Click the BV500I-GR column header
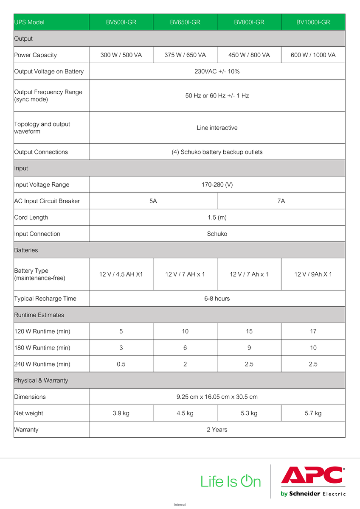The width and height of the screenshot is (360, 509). click(x=121, y=22)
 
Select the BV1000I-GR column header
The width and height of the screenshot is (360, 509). click(x=313, y=22)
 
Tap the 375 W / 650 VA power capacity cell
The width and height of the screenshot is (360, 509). click(x=185, y=55)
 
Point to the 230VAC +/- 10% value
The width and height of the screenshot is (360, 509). click(x=217, y=71)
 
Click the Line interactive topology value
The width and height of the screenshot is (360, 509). click(x=217, y=128)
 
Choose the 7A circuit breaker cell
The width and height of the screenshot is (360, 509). click(x=281, y=201)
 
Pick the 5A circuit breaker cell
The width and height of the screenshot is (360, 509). click(x=153, y=201)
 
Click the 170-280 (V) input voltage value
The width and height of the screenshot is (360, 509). click(x=217, y=185)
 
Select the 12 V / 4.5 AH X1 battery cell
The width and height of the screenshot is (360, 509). click(x=121, y=274)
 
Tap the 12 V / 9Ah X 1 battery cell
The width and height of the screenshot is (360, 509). click(x=313, y=274)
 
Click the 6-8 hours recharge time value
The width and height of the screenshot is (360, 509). click(x=217, y=299)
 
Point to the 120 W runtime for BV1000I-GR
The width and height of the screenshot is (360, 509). click(x=313, y=331)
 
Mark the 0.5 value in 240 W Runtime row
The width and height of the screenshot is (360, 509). click(x=121, y=364)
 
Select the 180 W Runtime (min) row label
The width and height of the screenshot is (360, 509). click(x=42, y=348)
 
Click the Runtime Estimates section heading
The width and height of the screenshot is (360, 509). click(x=39, y=315)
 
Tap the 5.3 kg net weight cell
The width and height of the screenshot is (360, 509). click(x=249, y=413)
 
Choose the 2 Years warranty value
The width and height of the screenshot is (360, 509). click(x=217, y=430)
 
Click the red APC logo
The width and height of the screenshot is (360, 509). click(x=312, y=475)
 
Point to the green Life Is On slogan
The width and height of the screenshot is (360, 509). click(x=231, y=481)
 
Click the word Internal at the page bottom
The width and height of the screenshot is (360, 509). click(x=180, y=505)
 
